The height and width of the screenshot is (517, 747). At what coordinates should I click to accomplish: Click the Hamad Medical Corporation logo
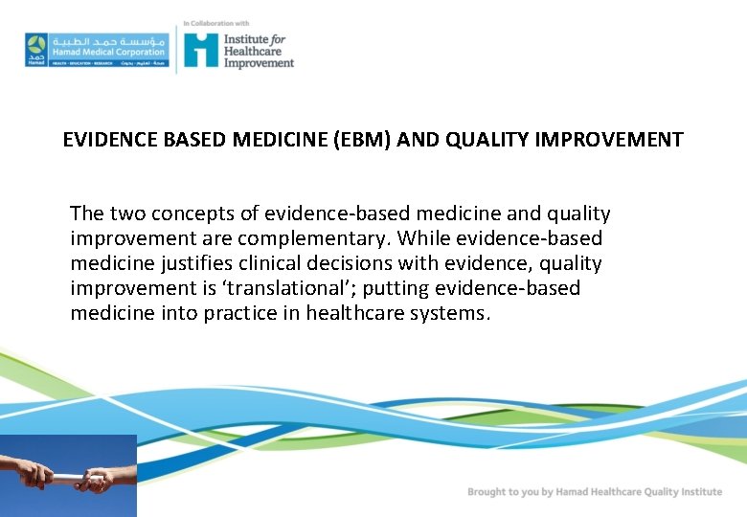(96, 49)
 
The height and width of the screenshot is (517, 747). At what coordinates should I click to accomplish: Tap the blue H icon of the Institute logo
(201, 49)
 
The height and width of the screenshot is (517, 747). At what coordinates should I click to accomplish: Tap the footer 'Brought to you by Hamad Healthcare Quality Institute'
(594, 492)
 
